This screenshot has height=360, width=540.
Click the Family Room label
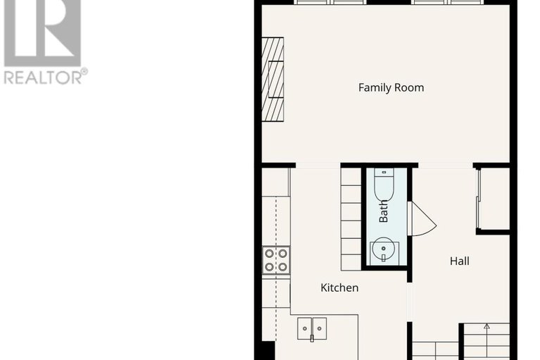point(391,88)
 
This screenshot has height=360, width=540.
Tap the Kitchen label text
point(339,287)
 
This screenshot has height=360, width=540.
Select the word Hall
point(459,261)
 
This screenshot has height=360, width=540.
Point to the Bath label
point(384,211)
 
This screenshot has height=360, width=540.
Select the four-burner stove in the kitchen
point(276,259)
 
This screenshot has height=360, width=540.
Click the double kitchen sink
point(312,327)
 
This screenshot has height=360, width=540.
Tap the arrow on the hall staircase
point(486,327)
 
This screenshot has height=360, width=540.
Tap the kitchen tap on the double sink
point(312,338)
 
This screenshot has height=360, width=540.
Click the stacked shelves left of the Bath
point(351,218)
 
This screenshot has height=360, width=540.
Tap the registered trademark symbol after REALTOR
point(84,71)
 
